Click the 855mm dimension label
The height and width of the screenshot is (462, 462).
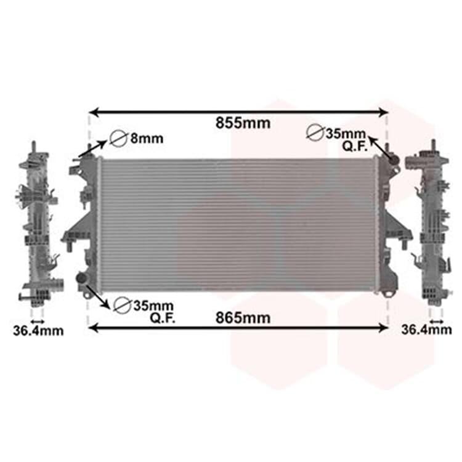[243, 123]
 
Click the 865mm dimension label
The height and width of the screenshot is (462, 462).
[243, 318]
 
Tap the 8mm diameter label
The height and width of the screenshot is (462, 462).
[147, 138]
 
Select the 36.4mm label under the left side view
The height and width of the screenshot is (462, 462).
[38, 331]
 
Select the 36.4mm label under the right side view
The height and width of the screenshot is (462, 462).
[426, 330]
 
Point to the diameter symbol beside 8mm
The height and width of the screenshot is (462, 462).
[118, 138]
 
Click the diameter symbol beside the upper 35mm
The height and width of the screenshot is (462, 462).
[315, 132]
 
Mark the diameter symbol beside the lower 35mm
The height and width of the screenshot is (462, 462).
[123, 306]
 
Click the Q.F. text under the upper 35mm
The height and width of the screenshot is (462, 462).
[355, 147]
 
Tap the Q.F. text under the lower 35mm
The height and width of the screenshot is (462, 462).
[163, 318]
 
